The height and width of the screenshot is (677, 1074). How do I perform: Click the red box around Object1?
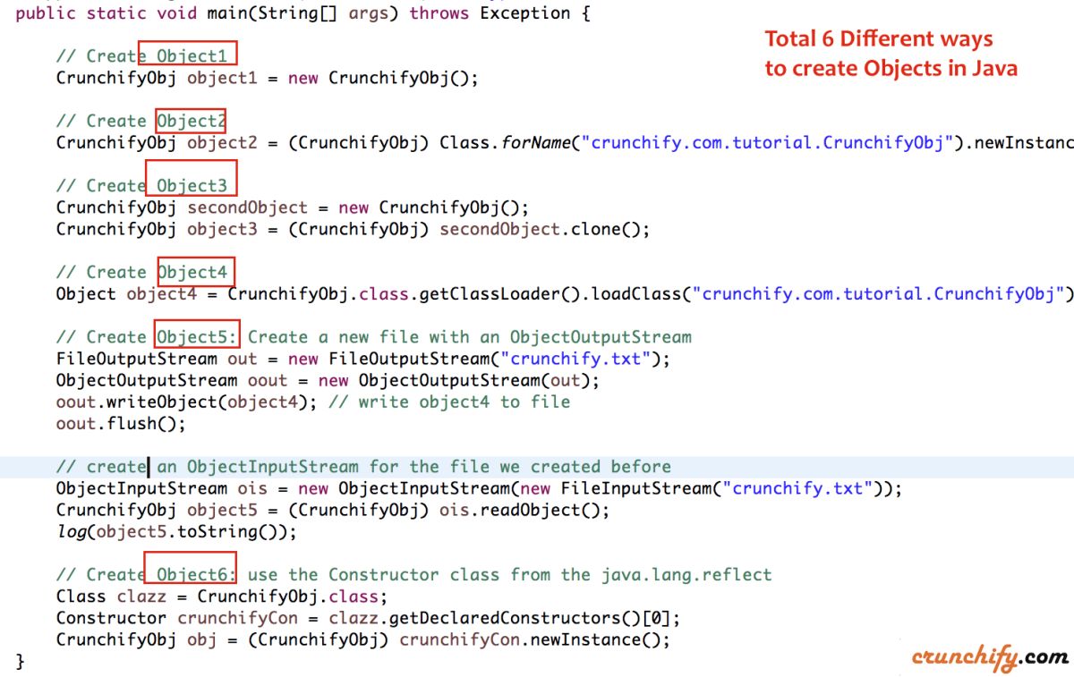[188, 54]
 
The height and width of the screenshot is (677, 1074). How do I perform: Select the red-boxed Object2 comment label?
[191, 121]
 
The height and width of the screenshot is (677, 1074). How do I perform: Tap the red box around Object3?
[191, 176]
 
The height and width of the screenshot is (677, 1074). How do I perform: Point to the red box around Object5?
[197, 335]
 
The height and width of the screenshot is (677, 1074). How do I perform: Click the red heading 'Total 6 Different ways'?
[878, 39]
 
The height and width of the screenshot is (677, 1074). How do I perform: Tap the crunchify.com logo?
[990, 657]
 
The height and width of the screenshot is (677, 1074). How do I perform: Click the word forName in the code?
[535, 142]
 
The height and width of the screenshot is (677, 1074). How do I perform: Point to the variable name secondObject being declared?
[247, 207]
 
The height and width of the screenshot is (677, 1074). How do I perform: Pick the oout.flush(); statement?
[120, 423]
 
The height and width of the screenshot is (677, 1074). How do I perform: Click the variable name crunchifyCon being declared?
[237, 618]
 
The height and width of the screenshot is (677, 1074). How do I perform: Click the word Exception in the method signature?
[525, 13]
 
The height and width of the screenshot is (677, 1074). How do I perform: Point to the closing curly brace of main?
[21, 662]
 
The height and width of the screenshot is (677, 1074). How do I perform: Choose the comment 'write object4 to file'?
[464, 402]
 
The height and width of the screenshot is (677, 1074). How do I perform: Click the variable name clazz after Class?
[141, 597]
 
